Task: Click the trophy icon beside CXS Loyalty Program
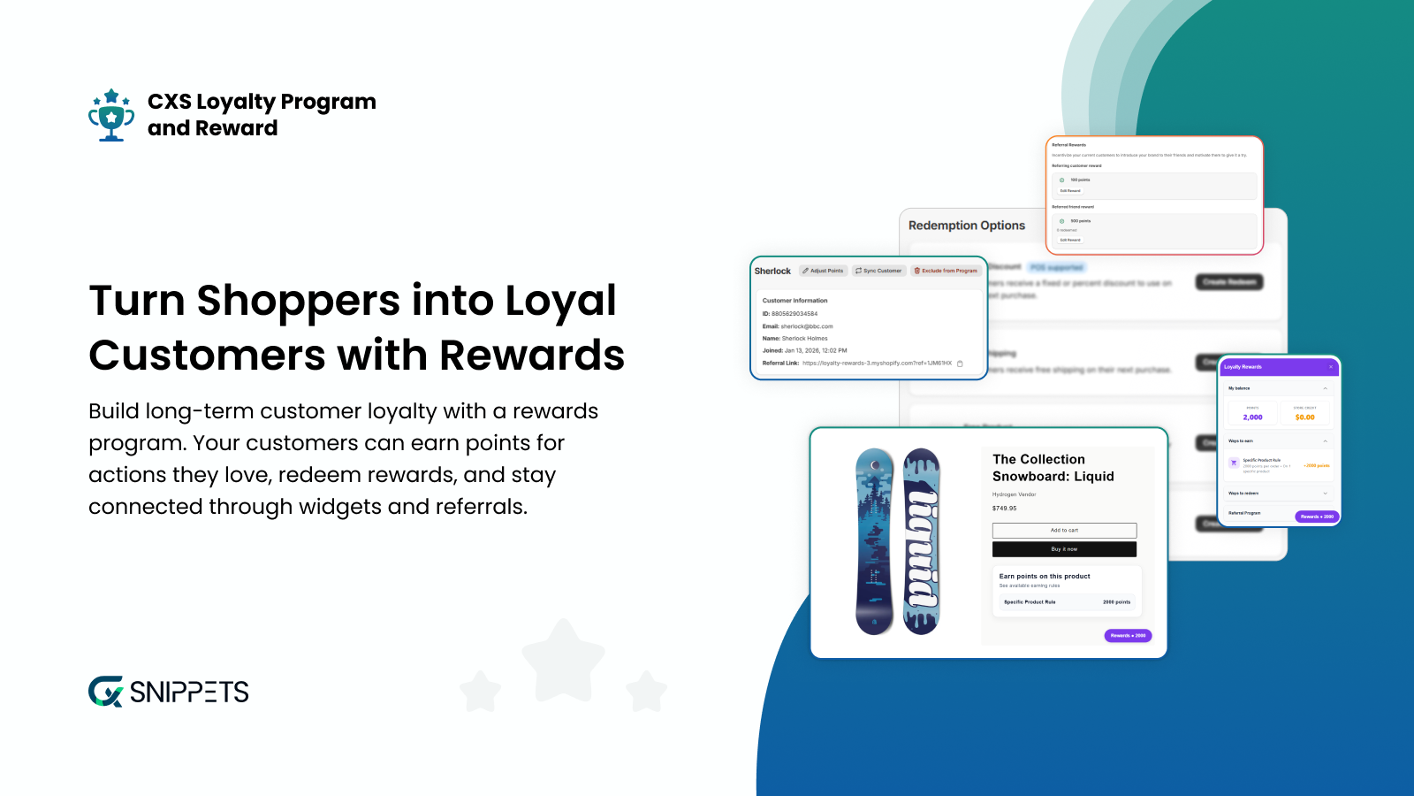click(x=111, y=115)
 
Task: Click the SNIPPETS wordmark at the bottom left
click(x=188, y=692)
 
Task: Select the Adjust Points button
click(x=823, y=271)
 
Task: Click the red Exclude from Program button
click(x=946, y=271)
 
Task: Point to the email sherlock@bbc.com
click(x=806, y=326)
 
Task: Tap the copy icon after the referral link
click(x=960, y=364)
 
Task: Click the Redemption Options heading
click(x=967, y=226)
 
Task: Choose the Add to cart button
click(x=1064, y=531)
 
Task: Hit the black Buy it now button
click(x=1064, y=549)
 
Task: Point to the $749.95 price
click(x=1004, y=509)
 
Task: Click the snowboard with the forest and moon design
click(x=875, y=541)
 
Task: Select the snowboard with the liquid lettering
click(x=922, y=541)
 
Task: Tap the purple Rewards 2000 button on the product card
click(x=1128, y=635)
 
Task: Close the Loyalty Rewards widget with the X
click(x=1331, y=367)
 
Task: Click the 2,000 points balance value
click(x=1252, y=417)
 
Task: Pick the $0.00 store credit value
click(x=1304, y=417)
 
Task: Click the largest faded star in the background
click(x=563, y=660)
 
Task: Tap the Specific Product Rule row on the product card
click(x=1067, y=602)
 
